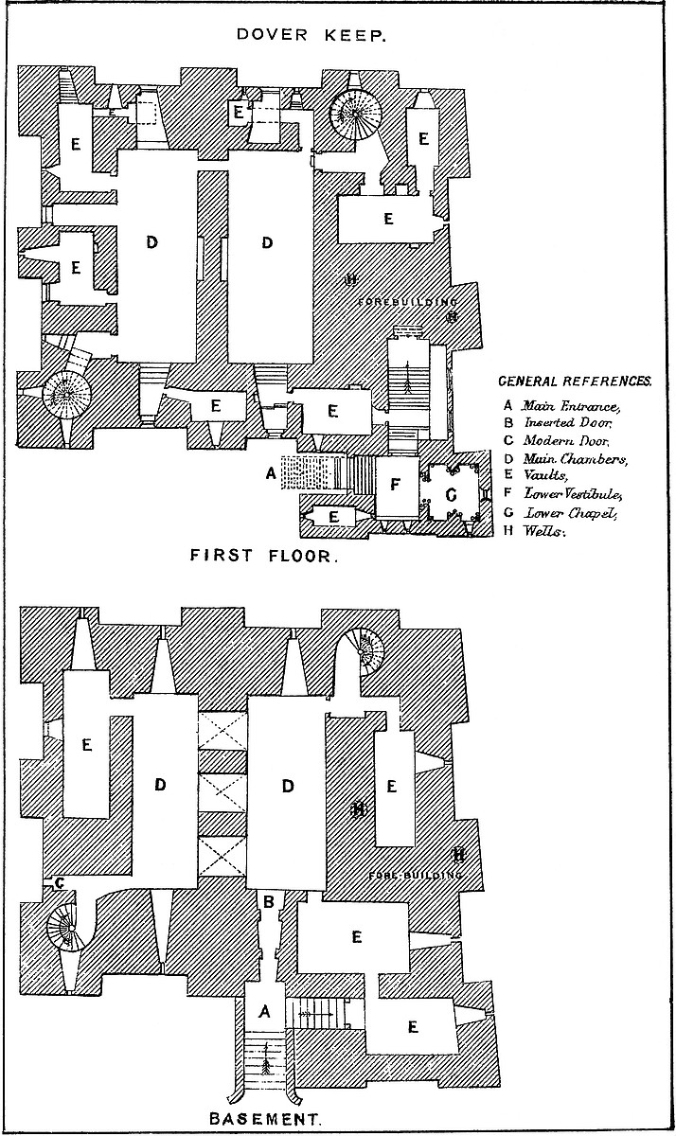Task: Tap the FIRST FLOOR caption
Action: (x=263, y=556)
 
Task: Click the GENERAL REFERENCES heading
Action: (x=575, y=382)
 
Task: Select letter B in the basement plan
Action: (x=268, y=903)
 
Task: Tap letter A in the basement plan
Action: (x=265, y=1013)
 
